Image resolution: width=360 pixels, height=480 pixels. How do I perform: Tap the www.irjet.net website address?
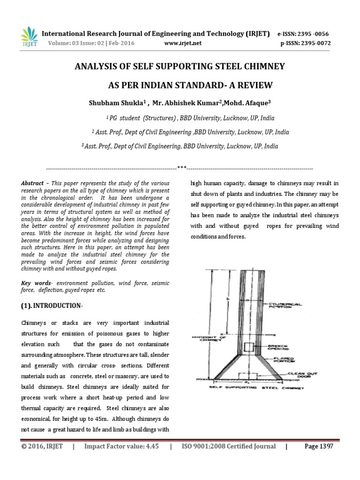click(183, 43)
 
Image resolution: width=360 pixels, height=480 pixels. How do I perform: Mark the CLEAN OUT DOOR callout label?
click(299, 375)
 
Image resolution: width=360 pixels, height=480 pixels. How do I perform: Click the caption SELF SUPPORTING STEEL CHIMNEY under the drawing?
click(256, 388)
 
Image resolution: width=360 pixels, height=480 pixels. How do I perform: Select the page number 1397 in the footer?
click(319, 446)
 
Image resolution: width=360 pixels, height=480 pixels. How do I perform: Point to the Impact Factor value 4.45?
click(122, 446)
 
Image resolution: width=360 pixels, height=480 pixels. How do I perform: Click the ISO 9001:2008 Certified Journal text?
click(228, 446)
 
